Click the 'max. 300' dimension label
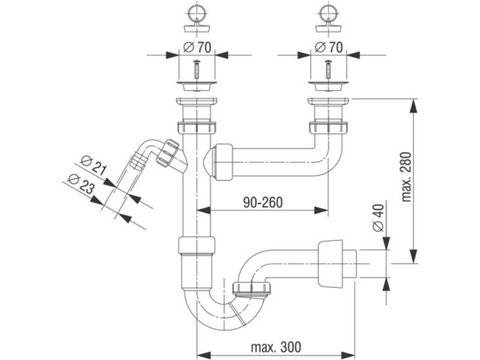[276, 347]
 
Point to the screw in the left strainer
[196, 70]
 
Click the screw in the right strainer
[328, 70]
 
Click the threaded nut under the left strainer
[197, 128]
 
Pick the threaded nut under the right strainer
[328, 128]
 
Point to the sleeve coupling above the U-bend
[196, 246]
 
